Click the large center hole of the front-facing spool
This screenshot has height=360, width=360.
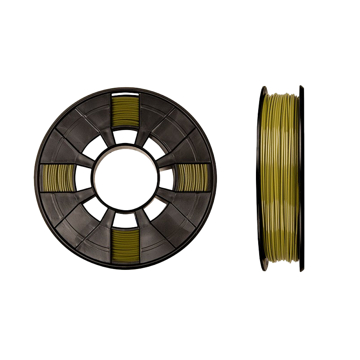(126, 177)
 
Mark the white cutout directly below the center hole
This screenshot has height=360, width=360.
(125, 220)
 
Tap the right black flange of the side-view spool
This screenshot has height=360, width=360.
(301, 179)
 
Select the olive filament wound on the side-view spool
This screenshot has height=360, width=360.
(281, 179)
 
